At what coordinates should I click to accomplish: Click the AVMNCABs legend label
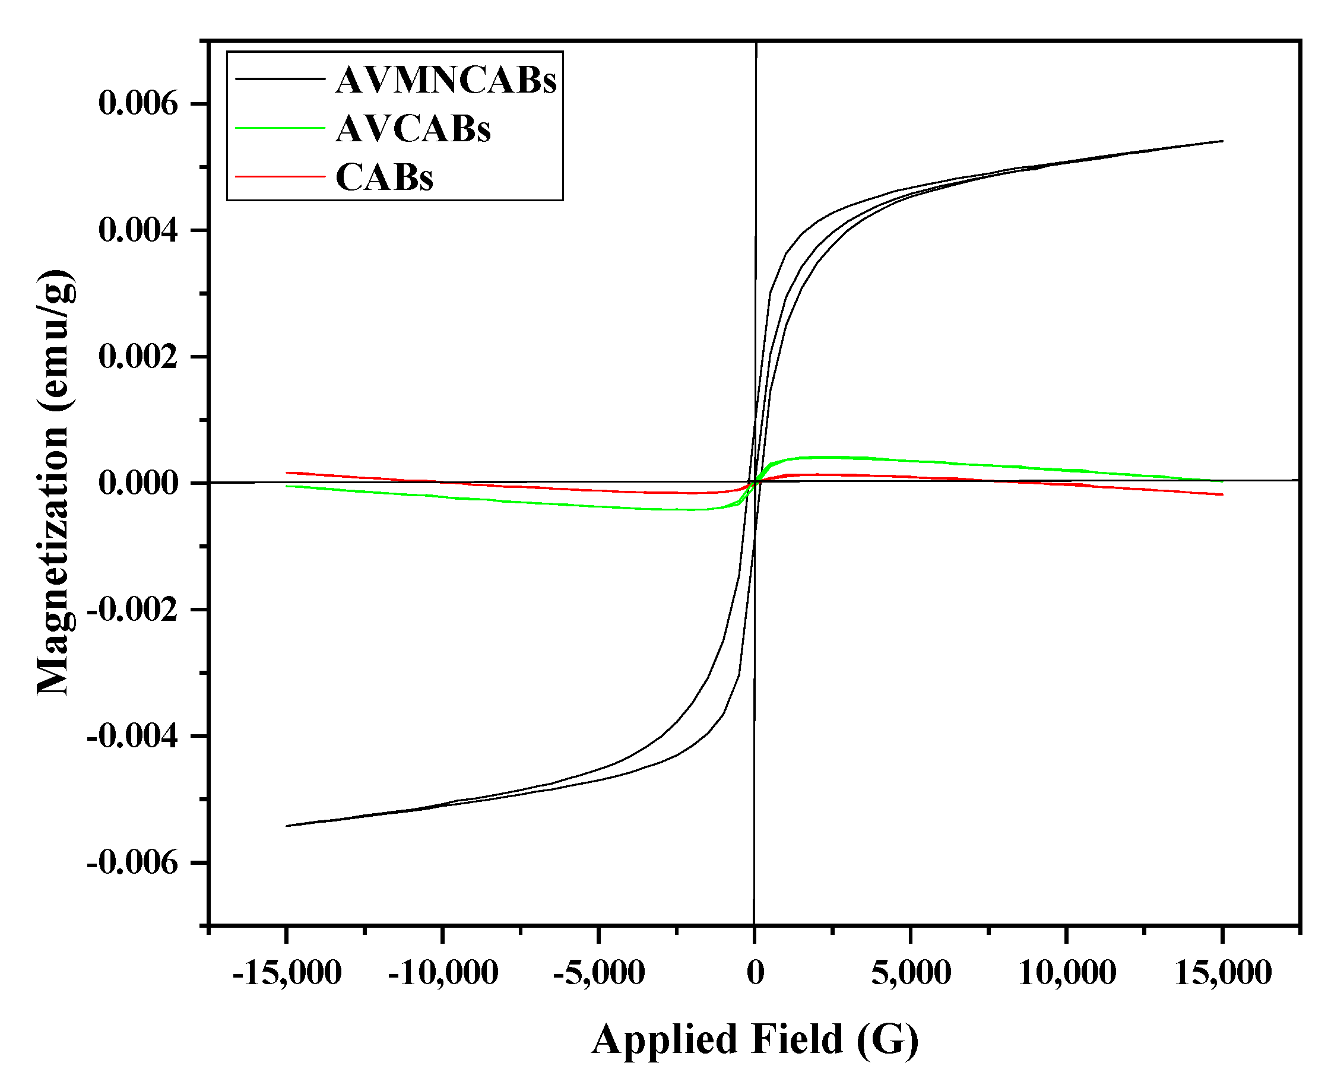[x=446, y=80]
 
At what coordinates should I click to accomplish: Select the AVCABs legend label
[x=413, y=129]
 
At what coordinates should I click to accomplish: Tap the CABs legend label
[x=384, y=177]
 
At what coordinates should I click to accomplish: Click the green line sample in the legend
[x=280, y=128]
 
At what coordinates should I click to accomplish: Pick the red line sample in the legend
[x=280, y=177]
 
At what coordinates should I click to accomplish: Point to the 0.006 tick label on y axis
[x=138, y=103]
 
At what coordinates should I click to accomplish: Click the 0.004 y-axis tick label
[x=138, y=231]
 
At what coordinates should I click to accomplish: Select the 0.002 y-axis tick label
[x=138, y=357]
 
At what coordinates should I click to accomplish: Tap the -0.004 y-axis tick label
[x=132, y=736]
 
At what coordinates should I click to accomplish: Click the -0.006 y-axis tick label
[x=132, y=863]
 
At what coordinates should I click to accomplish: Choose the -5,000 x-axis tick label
[x=598, y=973]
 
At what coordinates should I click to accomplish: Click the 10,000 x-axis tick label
[x=1067, y=973]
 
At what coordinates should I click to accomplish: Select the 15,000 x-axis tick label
[x=1222, y=973]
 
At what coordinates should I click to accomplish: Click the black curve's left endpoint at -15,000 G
[x=287, y=826]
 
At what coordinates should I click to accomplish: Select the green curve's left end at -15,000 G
[x=287, y=486]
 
